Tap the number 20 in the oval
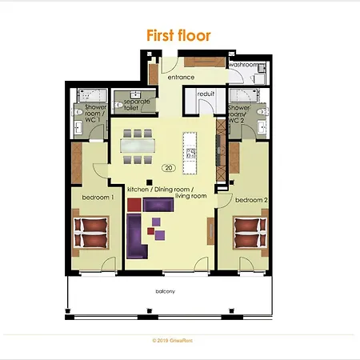(x=168, y=168)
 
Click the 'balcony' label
(x=166, y=293)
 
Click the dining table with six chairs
(x=140, y=145)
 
